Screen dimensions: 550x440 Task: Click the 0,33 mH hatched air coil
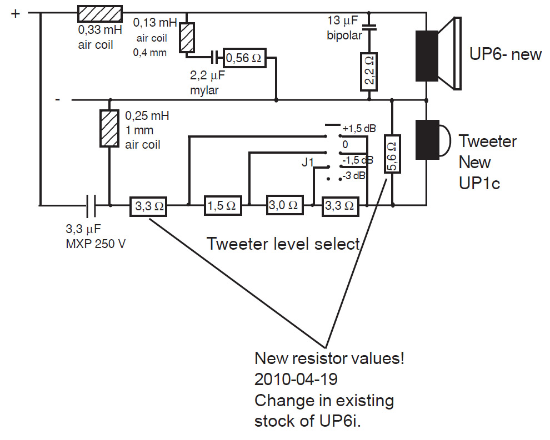100,14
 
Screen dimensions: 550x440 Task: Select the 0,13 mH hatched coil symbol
187,38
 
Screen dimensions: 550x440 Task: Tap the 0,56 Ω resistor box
244,58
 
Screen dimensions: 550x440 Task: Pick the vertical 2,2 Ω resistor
369,72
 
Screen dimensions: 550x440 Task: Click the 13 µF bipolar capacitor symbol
369,27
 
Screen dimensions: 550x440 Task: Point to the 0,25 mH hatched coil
109,128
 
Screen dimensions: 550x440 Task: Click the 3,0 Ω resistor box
284,205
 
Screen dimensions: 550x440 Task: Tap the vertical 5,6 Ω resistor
392,154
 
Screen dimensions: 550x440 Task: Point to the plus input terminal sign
16,14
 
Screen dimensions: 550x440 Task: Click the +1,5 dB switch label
359,129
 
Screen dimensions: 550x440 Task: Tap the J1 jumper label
308,162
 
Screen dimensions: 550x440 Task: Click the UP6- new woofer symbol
438,54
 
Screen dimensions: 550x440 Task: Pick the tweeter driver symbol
432,140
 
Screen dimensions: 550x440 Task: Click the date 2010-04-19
296,380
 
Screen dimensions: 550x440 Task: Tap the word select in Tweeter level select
337,244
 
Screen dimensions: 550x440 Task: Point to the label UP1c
479,183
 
